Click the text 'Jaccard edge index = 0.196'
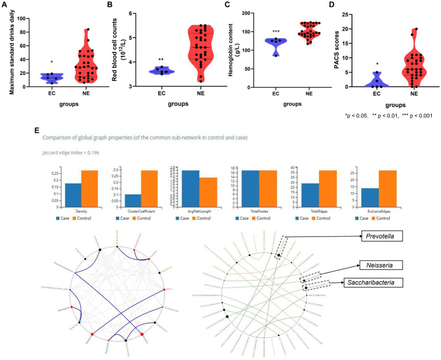[x=68, y=152]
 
